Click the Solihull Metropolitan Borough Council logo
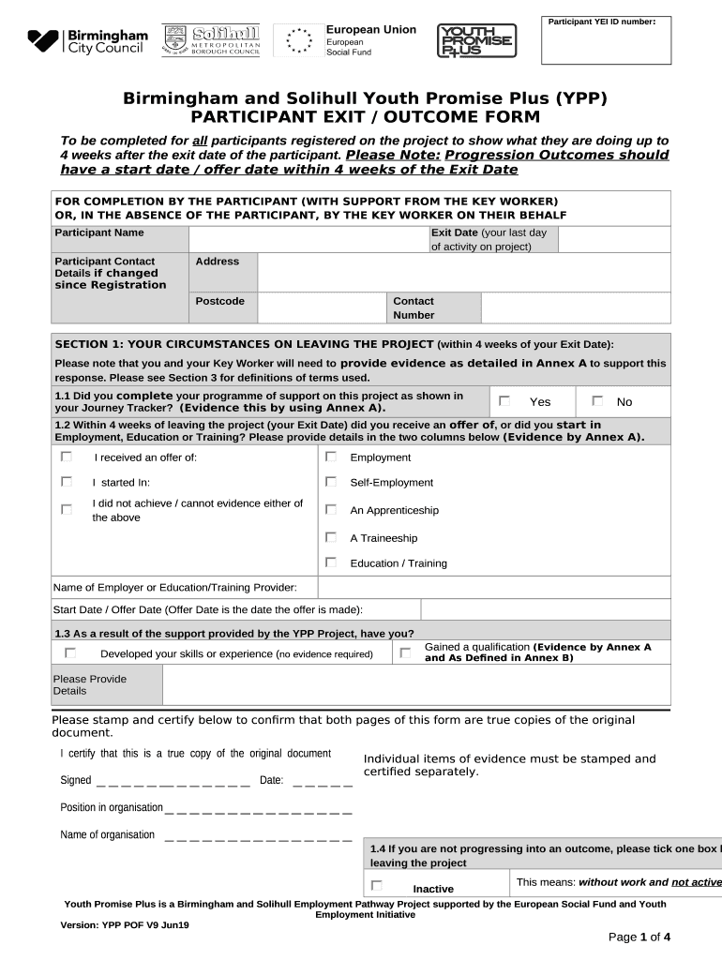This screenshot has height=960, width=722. pos(211,41)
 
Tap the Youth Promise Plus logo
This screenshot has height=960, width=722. pos(476,41)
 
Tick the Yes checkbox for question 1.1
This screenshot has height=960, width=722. pos(504,400)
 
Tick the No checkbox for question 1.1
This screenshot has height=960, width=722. pos(596,400)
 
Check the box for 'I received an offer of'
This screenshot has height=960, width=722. pos(67,457)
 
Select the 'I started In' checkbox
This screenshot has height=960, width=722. pos(67,481)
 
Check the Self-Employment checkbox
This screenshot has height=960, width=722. pos(331,481)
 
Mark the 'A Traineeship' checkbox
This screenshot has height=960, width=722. pos(331,537)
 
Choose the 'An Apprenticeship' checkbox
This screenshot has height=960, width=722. pos(331,509)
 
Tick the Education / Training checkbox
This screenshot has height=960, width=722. pos(331,562)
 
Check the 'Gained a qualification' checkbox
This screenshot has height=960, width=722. pos(405,652)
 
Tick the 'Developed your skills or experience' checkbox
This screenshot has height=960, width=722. pos(70,652)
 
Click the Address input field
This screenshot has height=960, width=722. pos(463,272)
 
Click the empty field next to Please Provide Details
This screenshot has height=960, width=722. pos(416,684)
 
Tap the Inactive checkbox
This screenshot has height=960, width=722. pos(376,884)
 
